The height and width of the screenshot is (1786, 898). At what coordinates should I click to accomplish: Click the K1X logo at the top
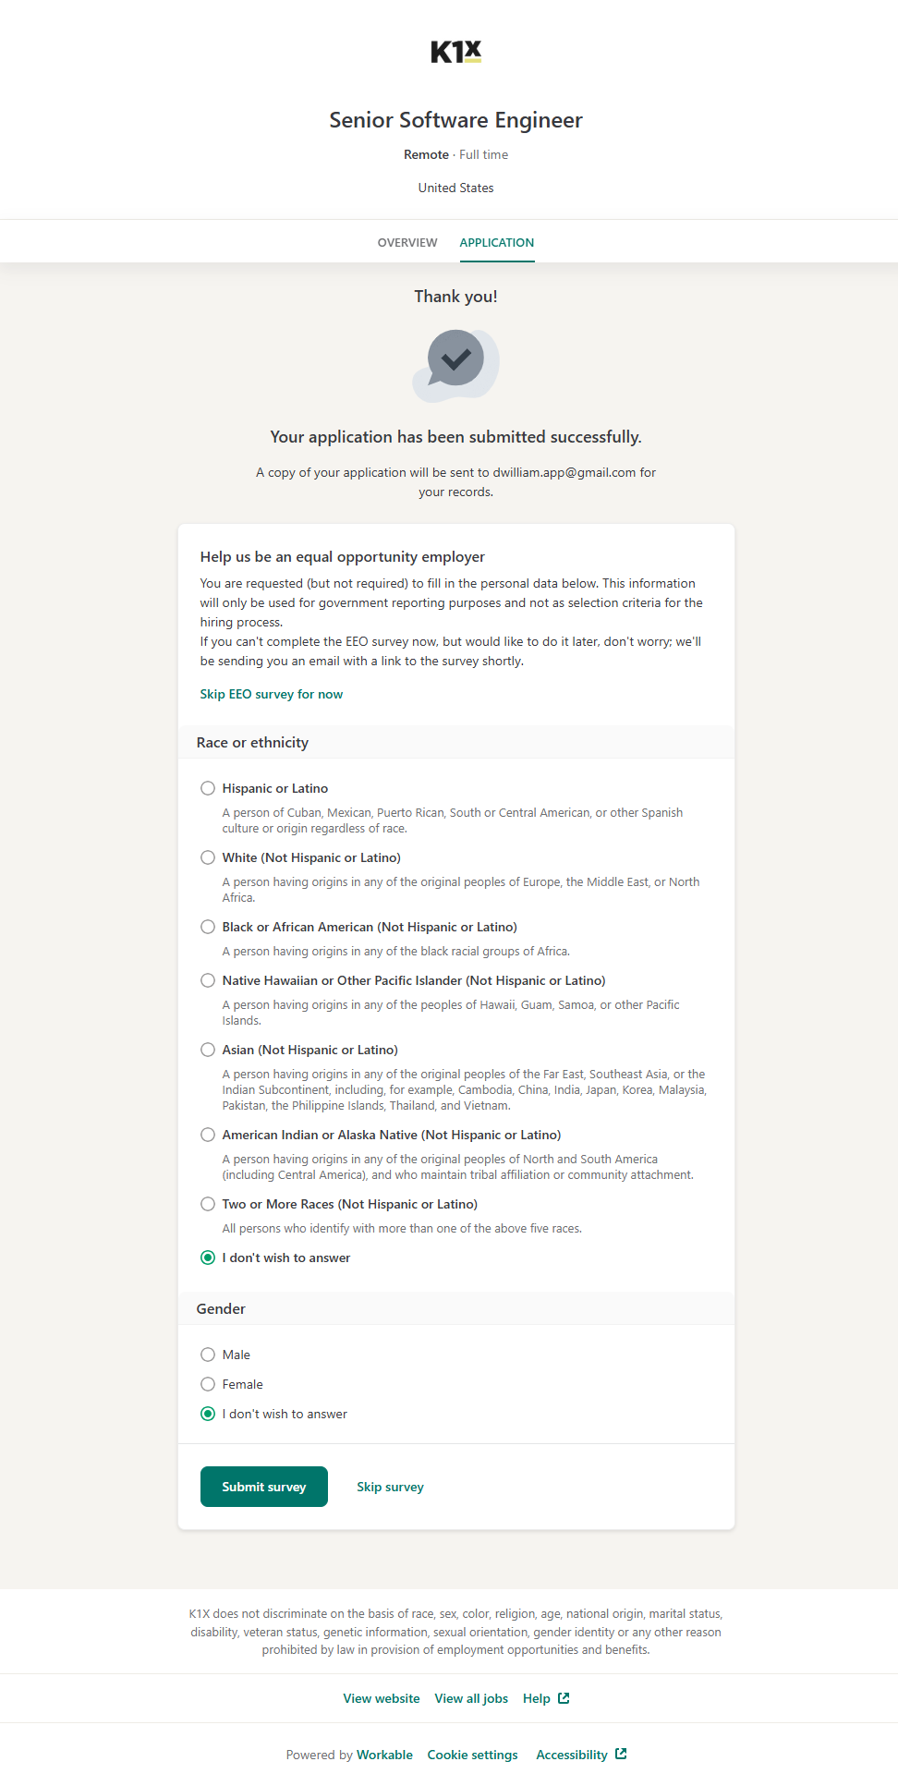[x=455, y=52]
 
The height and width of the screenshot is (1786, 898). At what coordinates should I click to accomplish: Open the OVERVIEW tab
[x=407, y=243]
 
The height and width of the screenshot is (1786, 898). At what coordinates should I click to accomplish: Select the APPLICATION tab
[x=496, y=243]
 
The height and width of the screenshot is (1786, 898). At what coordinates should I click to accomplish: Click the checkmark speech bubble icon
[x=455, y=364]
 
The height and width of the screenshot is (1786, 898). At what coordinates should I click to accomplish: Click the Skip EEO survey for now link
[x=271, y=694]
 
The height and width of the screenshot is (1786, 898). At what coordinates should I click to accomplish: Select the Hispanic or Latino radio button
[x=208, y=788]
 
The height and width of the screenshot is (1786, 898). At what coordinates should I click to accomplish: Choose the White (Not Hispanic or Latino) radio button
[x=208, y=857]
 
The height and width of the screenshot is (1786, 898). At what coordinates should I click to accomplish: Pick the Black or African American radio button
[x=208, y=927]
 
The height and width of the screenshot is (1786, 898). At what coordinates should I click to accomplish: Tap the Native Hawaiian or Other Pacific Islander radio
[x=208, y=980]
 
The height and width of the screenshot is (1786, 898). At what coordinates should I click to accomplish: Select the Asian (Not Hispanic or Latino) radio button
[x=208, y=1050]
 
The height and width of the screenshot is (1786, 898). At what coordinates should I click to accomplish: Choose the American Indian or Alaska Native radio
[x=208, y=1135]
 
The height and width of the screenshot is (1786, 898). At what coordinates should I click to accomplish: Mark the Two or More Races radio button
[x=208, y=1204]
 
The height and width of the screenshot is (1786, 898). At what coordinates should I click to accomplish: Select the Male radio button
[x=208, y=1355]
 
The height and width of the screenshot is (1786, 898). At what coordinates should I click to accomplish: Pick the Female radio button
[x=208, y=1384]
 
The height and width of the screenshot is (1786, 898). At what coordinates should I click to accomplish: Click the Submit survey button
[x=263, y=1487]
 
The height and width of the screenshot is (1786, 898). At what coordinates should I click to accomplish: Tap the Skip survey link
[x=390, y=1487]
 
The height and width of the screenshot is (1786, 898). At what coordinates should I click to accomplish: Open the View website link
[x=381, y=1698]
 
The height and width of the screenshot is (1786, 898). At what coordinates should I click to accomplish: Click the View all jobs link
[x=471, y=1698]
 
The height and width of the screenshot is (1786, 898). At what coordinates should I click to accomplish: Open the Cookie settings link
[x=472, y=1755]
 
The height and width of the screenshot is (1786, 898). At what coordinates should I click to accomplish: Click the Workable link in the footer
[x=384, y=1755]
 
